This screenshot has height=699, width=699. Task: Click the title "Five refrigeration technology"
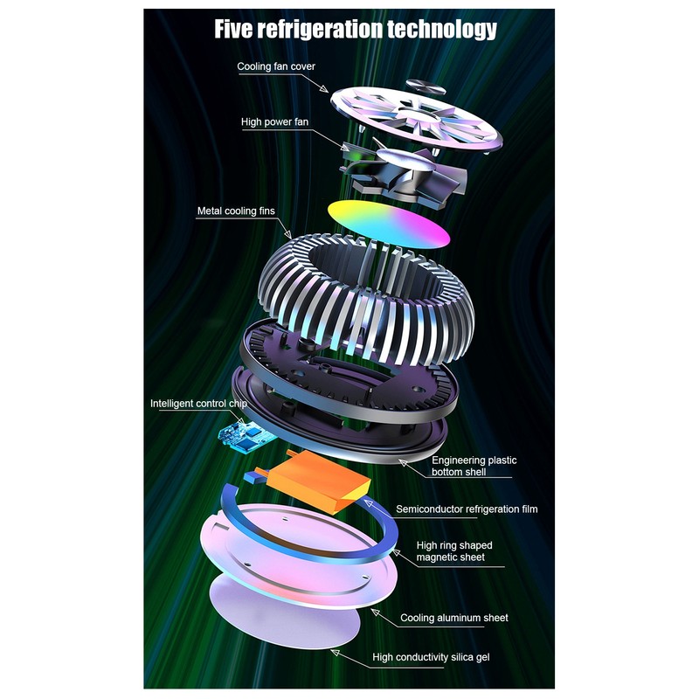[356, 30]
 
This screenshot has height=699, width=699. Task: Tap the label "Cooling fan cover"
[276, 66]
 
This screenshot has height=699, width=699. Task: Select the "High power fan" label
[274, 121]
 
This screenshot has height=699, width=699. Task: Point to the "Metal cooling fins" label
[236, 211]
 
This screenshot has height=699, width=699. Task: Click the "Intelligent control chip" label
[198, 404]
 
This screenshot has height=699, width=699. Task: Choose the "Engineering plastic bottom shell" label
[474, 466]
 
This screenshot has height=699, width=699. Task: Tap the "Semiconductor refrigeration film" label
[467, 509]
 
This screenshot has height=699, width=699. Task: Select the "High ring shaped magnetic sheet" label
[454, 551]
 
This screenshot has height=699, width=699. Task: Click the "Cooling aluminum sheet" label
[453, 618]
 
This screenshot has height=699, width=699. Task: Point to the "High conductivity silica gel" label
[431, 657]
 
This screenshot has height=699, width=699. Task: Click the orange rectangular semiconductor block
[319, 481]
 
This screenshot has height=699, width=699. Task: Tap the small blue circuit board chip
[245, 436]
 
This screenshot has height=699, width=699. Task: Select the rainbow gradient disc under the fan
[389, 224]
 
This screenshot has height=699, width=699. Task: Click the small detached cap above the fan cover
[426, 87]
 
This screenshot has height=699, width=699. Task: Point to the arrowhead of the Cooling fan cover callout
[324, 89]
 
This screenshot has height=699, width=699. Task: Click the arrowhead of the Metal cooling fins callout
[288, 234]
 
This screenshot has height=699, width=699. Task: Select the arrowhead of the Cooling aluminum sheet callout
[376, 612]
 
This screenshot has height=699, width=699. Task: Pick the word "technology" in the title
[442, 30]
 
